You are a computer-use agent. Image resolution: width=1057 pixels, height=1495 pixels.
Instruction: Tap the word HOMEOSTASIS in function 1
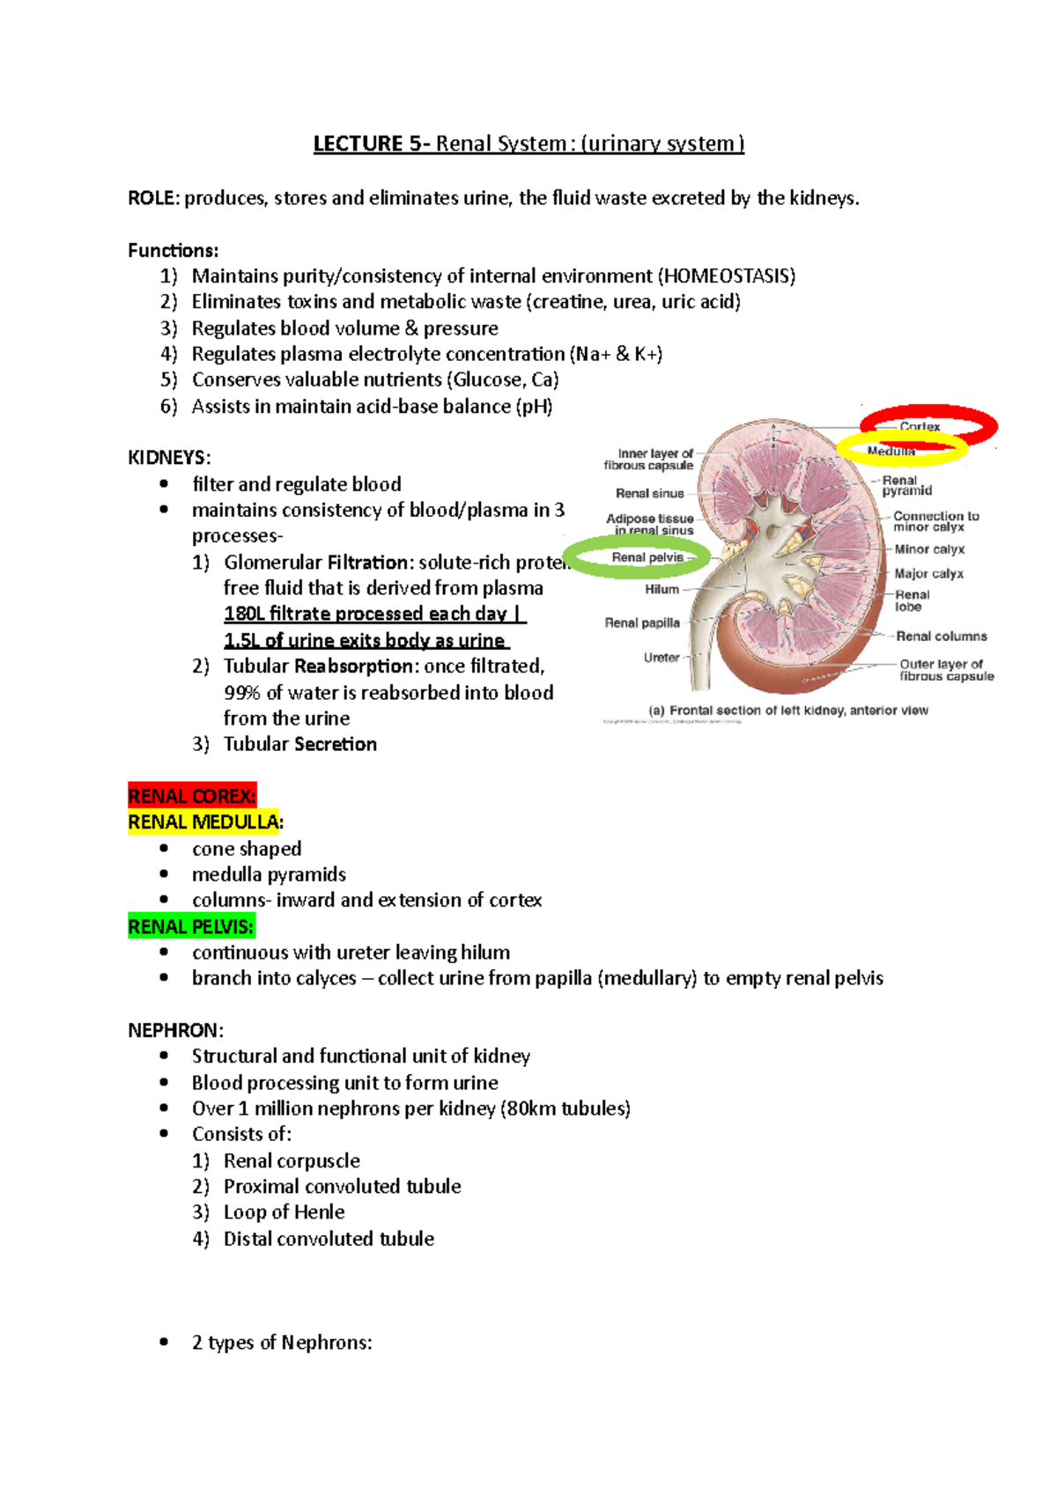click(726, 276)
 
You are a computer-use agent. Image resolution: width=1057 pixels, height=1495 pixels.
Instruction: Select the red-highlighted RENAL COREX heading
click(192, 796)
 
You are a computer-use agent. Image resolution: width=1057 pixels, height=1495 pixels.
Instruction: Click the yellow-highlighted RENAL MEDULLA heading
click(204, 822)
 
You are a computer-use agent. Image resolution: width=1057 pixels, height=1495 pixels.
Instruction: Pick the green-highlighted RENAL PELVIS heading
click(191, 926)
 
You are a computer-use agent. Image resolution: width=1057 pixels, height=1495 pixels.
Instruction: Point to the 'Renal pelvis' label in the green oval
click(647, 557)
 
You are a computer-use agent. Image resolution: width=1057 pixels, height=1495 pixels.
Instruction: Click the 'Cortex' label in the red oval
click(920, 427)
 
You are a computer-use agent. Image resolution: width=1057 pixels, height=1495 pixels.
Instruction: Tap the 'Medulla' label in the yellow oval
click(891, 452)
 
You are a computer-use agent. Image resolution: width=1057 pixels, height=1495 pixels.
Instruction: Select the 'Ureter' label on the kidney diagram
click(661, 658)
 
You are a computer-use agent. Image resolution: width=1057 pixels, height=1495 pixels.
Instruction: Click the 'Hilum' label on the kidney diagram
click(662, 590)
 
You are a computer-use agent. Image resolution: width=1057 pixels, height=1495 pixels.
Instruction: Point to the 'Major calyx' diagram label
click(929, 574)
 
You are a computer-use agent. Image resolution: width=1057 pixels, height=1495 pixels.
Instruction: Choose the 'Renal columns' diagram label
click(941, 637)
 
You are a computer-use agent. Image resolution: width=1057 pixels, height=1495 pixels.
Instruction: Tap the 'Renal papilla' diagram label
click(642, 623)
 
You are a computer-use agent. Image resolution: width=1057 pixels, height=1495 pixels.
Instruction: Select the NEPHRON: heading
click(175, 1030)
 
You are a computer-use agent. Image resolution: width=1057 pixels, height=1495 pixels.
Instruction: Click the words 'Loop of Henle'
click(284, 1212)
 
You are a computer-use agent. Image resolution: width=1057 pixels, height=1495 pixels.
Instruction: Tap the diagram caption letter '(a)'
click(656, 711)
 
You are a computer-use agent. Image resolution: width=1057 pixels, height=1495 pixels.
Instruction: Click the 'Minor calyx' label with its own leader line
click(929, 549)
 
